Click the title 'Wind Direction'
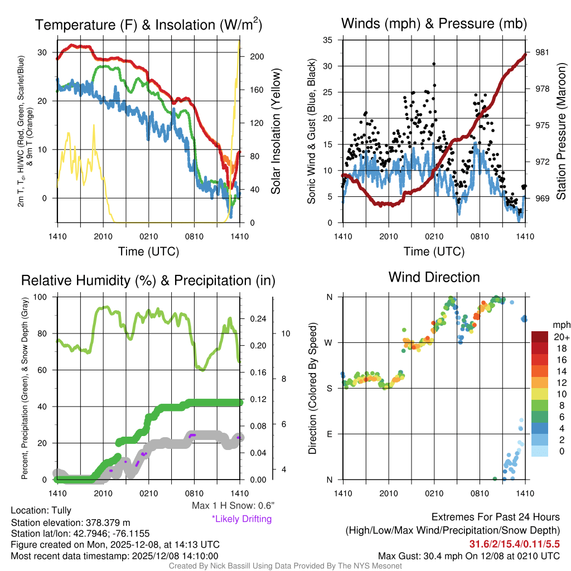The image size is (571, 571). pos(434,277)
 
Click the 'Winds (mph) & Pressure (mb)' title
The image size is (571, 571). pos(434,23)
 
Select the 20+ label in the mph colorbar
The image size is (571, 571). pos(560,337)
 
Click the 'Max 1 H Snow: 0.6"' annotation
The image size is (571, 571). pos(233,506)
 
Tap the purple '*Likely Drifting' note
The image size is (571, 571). pos(241,519)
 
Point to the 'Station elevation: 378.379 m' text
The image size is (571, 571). pos(70,522)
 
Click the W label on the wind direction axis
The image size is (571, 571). pos(330,342)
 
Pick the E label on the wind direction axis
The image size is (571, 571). pos(330,433)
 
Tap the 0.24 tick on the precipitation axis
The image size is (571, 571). pos(257,320)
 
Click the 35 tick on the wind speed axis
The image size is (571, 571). pos(328,40)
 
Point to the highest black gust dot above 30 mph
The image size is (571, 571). pos(434,64)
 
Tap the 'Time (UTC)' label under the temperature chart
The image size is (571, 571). pos(148,251)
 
